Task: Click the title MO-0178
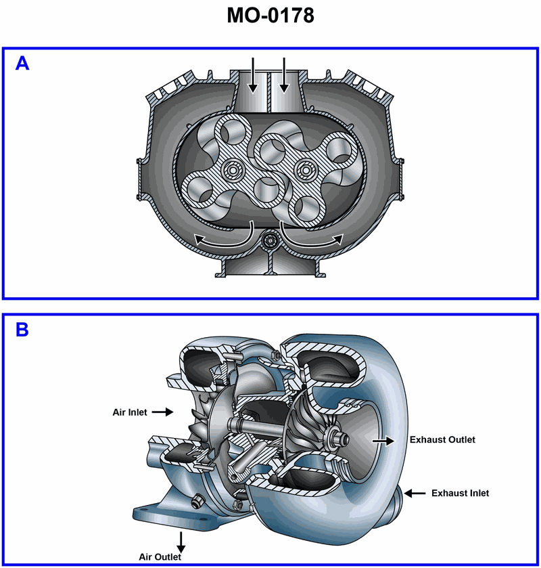[270, 16]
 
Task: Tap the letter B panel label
[22, 330]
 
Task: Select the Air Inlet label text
[129, 411]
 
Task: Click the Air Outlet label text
[160, 557]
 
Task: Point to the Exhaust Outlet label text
[442, 440]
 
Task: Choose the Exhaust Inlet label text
[459, 493]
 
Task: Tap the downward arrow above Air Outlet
[181, 540]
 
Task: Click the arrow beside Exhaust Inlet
[416, 493]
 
